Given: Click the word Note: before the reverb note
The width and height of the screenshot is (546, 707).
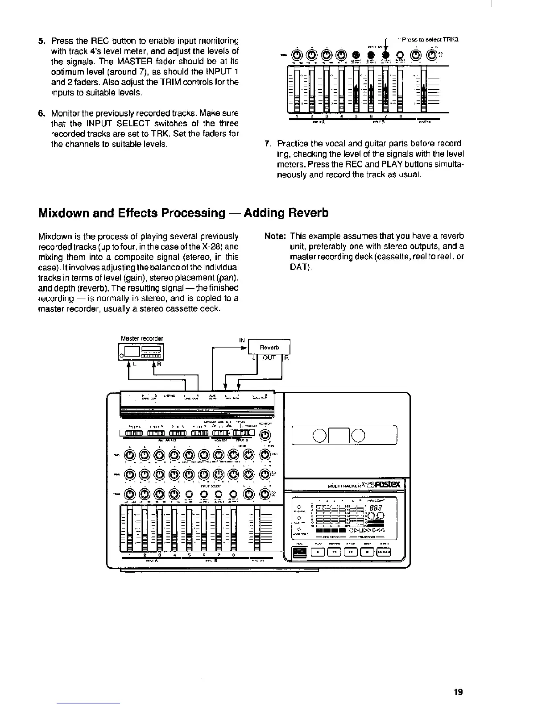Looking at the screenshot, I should coord(275,236).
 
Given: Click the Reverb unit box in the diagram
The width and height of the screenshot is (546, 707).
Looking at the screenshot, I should coord(269,347).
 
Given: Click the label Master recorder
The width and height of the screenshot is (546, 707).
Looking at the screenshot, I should coord(142,338).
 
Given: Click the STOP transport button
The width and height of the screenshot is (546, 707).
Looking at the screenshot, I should coord(367,552).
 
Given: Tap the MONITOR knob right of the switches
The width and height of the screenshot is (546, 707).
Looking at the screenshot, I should coord(265,435).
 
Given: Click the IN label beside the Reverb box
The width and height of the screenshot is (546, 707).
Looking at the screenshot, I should coord(242,341).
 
